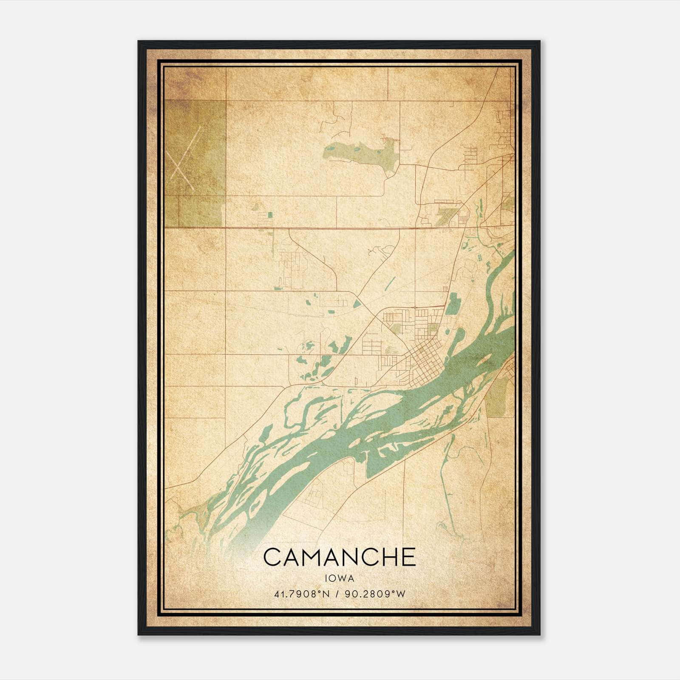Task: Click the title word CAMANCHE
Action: (339, 557)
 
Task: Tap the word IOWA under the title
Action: (339, 578)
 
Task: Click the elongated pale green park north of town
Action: (361, 154)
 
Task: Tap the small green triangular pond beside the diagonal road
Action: (357, 304)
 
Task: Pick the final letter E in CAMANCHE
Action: (408, 557)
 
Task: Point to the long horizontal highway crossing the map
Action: (323, 228)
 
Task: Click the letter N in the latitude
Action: (326, 594)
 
